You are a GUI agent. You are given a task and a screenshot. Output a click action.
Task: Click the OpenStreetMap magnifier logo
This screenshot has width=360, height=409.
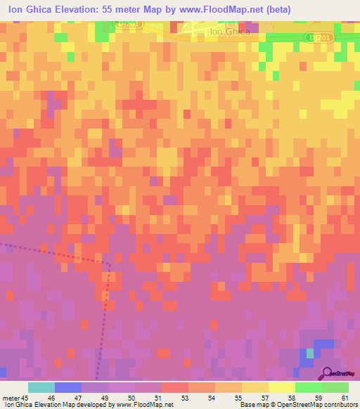(x=327, y=373)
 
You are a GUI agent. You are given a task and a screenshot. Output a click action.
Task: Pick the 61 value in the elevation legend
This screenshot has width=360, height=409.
(x=344, y=398)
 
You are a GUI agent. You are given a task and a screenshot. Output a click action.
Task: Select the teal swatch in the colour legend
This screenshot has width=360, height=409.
(x=41, y=387)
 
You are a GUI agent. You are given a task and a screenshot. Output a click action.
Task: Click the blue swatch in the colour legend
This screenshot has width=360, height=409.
(x=67, y=387)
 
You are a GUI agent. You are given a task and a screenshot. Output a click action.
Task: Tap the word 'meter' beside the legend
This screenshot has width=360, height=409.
(x=10, y=398)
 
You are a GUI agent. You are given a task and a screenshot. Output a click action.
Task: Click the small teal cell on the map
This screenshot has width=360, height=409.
(x=309, y=352)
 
